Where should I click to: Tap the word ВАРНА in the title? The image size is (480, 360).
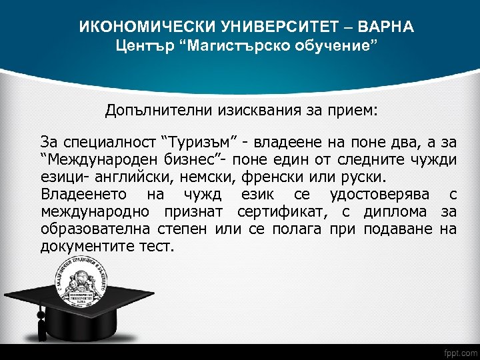click(387, 27)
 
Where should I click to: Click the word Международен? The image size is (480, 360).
click(91, 160)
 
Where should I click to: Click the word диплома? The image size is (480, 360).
click(397, 212)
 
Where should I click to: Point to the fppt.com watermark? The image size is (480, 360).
click(459, 351)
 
